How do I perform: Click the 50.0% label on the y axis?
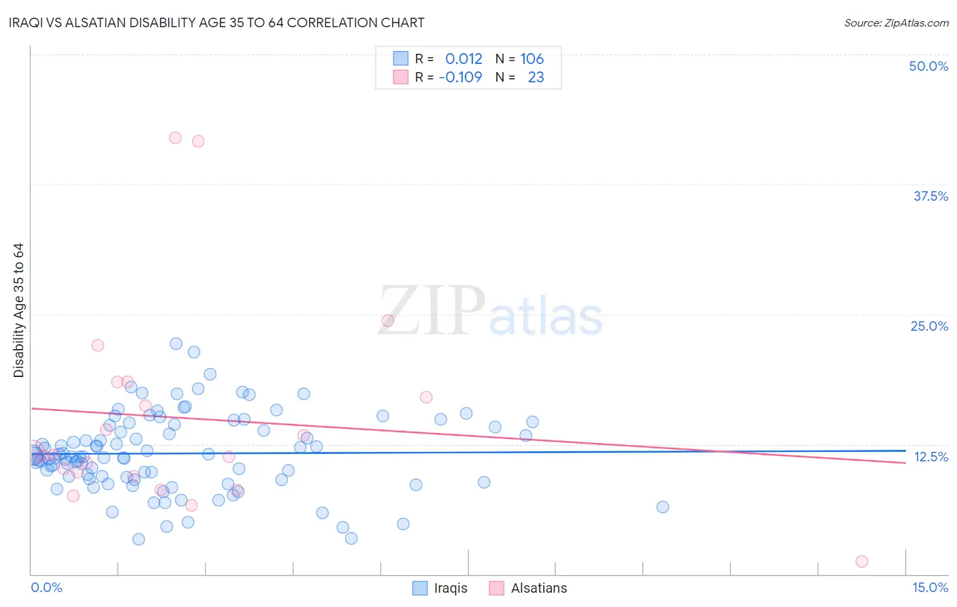pyautogui.click(x=928, y=66)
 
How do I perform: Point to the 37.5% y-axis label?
pyautogui.click(x=930, y=196)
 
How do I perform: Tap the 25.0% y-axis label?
pyautogui.click(x=929, y=326)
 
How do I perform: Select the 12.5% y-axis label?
pyautogui.click(x=930, y=457)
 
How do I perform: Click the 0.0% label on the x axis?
pyautogui.click(x=46, y=587)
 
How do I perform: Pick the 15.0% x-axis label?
pyautogui.click(x=930, y=587)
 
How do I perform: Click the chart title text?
pyautogui.click(x=216, y=22)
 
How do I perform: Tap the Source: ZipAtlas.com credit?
pyautogui.click(x=896, y=22)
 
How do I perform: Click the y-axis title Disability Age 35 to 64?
pyautogui.click(x=18, y=310)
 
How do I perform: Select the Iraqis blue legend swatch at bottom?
pyautogui.click(x=420, y=588)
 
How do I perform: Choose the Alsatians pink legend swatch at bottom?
pyautogui.click(x=497, y=588)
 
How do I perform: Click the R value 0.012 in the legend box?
pyautogui.click(x=464, y=59)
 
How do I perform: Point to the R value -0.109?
pyautogui.click(x=460, y=78)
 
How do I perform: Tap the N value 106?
pyautogui.click(x=532, y=59)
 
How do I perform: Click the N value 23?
pyautogui.click(x=536, y=78)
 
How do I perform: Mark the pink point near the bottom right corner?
pyautogui.click(x=862, y=561)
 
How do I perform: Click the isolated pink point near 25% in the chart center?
pyautogui.click(x=388, y=321)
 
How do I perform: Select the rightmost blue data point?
pyautogui.click(x=662, y=507)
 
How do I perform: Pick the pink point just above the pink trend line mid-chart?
pyautogui.click(x=426, y=397)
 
